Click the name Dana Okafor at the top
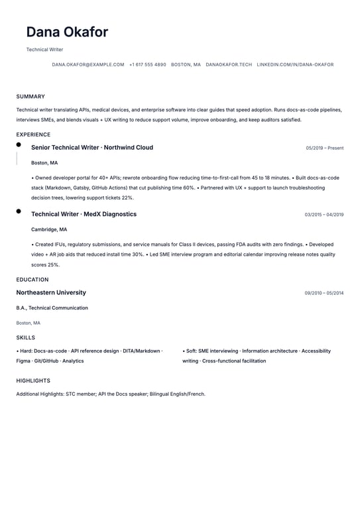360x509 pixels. pyautogui.click(x=67, y=32)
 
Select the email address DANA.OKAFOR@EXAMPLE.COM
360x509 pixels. pyautogui.click(x=88, y=65)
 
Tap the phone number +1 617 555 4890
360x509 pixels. pyautogui.click(x=148, y=65)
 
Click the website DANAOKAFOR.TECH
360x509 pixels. pyautogui.click(x=229, y=65)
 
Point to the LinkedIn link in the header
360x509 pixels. pyautogui.click(x=295, y=65)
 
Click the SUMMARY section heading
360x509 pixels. pyautogui.click(x=30, y=97)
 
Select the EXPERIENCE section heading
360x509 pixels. pyautogui.click(x=33, y=135)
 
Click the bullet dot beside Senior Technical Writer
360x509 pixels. pyautogui.click(x=19, y=144)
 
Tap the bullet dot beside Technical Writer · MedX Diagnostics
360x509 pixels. pyautogui.click(x=19, y=211)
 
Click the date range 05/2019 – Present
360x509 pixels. pyautogui.click(x=325, y=148)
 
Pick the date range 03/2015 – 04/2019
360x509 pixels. pyautogui.click(x=324, y=215)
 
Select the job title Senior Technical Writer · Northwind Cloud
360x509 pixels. pyautogui.click(x=92, y=148)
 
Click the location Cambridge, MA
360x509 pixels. pyautogui.click(x=49, y=229)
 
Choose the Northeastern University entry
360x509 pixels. pyautogui.click(x=51, y=292)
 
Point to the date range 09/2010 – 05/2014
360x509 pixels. pyautogui.click(x=324, y=293)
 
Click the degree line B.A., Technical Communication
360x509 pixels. pyautogui.click(x=52, y=308)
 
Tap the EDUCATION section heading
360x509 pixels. pyautogui.click(x=32, y=280)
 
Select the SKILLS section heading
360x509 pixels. pyautogui.click(x=26, y=337)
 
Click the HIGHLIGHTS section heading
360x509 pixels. pyautogui.click(x=33, y=381)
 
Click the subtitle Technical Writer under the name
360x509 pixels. pyautogui.click(x=44, y=50)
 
